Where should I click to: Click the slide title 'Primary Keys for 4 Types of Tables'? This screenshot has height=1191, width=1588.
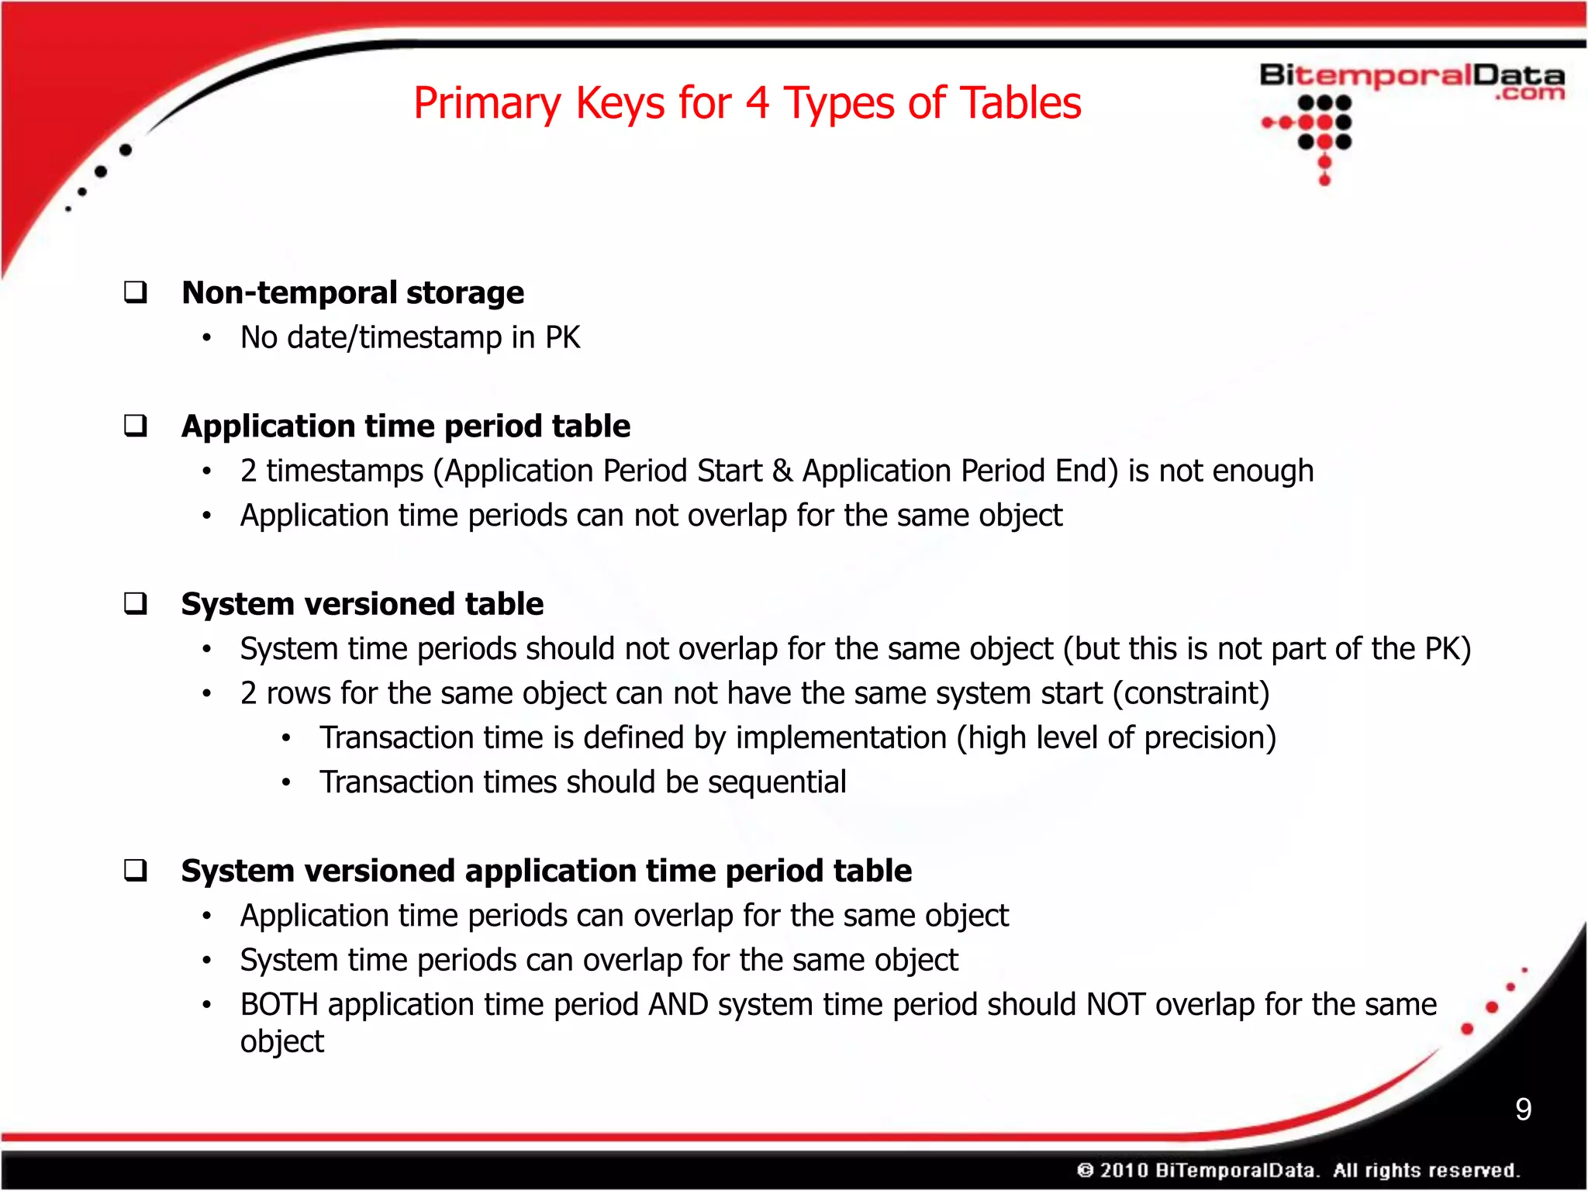point(747,103)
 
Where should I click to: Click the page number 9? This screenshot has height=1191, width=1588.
point(1523,1109)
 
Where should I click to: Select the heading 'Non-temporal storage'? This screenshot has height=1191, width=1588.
point(353,293)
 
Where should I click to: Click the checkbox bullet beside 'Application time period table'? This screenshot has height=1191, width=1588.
point(136,426)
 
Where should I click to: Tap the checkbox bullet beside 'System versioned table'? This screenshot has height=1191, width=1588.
point(136,603)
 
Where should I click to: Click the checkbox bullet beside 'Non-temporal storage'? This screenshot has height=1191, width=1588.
point(136,292)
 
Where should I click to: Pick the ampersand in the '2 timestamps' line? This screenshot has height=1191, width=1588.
point(782,471)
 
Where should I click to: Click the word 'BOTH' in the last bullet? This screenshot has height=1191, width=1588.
point(279,1005)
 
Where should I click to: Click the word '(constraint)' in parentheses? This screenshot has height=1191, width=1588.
point(1191,693)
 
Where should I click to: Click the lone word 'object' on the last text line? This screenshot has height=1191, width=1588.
point(281,1042)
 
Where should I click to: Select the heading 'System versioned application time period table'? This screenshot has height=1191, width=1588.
point(546,871)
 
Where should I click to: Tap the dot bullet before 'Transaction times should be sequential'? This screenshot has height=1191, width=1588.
point(286,783)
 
